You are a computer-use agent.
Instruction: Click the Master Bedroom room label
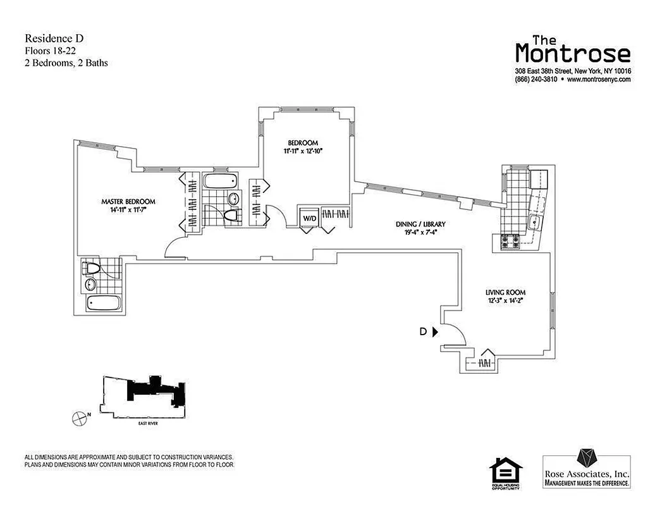point(128,202)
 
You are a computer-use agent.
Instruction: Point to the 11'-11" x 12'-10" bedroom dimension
point(305,151)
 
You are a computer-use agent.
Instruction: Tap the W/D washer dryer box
point(309,218)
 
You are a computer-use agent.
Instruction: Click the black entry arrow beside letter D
point(435,331)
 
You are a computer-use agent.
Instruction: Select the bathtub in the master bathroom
point(104,303)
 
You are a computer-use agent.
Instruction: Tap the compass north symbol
point(78,417)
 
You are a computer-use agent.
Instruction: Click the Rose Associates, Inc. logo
point(587,468)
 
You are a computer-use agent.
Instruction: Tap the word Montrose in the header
point(572,52)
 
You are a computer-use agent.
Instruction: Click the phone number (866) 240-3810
point(536,80)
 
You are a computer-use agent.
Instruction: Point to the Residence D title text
point(54,39)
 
